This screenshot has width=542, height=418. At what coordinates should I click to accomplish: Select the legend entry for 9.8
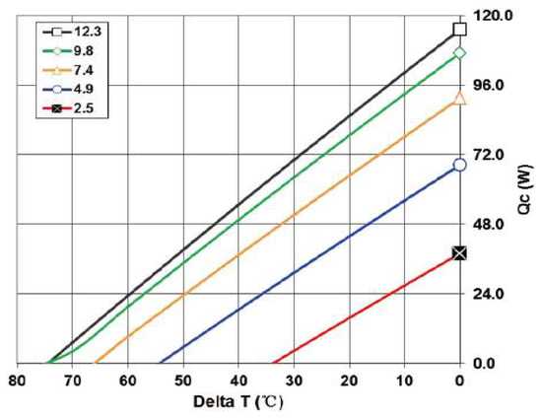point(61,50)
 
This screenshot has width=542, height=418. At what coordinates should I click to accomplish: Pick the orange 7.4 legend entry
point(61,69)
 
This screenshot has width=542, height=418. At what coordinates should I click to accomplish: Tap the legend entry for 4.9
point(61,88)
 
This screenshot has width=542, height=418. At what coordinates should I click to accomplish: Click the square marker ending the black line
point(459,30)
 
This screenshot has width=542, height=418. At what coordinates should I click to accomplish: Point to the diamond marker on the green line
point(459,53)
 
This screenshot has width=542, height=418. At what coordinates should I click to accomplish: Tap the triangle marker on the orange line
point(459,98)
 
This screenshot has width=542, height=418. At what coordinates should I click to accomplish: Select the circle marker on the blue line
point(459,165)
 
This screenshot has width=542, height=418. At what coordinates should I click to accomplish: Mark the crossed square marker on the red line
point(459,253)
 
